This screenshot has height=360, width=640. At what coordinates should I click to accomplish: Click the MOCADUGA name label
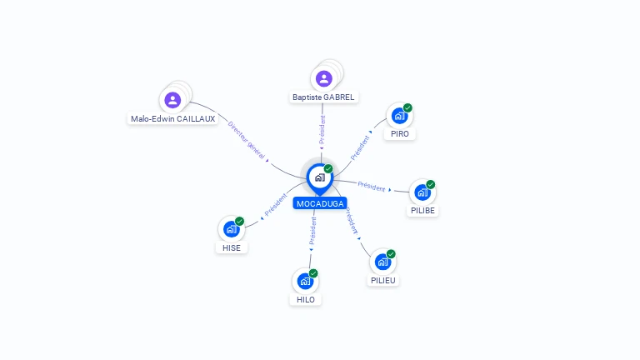point(320,203)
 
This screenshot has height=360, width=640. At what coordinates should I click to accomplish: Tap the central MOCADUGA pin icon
point(320,179)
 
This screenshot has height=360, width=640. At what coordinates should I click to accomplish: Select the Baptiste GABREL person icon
point(323,79)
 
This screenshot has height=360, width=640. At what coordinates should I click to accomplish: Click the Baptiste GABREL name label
point(323,97)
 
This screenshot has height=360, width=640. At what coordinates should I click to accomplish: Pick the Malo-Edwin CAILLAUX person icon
point(172,100)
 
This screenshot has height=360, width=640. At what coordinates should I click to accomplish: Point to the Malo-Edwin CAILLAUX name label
point(173,119)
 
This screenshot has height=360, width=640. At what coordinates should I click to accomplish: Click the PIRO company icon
point(400,116)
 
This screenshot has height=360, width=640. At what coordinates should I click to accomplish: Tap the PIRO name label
point(400,134)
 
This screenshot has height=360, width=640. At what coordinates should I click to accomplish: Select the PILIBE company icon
point(422,192)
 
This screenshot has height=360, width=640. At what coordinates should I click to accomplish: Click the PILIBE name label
point(422,211)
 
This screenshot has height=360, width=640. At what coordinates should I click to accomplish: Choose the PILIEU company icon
point(382,262)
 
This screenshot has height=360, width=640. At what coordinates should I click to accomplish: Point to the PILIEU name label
point(382,280)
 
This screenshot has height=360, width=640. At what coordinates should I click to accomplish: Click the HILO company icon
point(305,281)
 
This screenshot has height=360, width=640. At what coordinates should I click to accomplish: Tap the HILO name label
point(305,300)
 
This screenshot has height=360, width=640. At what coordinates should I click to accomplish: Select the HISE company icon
point(232,229)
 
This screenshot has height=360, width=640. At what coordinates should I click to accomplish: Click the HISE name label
point(232,247)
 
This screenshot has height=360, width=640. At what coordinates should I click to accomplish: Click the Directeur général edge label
point(246,140)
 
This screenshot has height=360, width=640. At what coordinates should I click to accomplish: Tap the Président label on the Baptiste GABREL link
point(322,130)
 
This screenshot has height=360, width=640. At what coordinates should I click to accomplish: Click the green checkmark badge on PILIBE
point(431,184)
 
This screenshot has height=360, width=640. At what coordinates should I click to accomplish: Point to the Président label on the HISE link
point(276,204)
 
